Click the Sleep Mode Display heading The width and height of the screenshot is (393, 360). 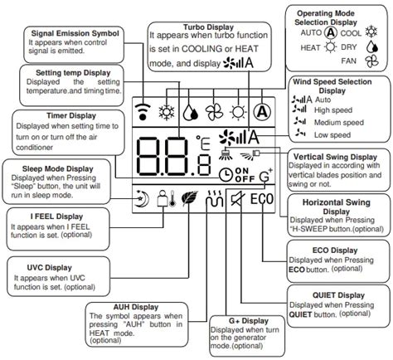[x=41, y=168]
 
